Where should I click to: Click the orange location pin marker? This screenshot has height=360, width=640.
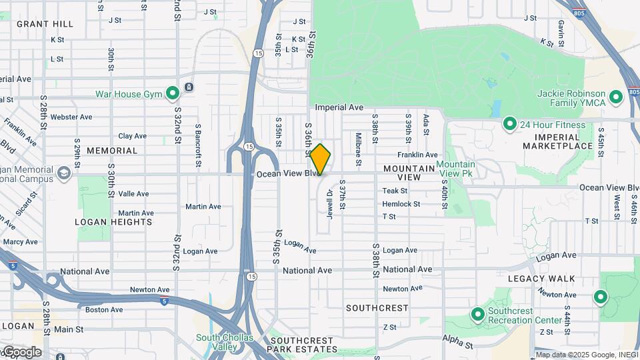pyautogui.click(x=321, y=159)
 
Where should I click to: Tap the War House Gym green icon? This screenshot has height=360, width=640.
pyautogui.click(x=172, y=93)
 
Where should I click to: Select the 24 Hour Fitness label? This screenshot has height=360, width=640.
pyautogui.click(x=553, y=125)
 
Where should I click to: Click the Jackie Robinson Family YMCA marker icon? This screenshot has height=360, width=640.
pyautogui.click(x=616, y=98)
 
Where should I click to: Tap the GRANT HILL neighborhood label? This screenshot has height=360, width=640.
pyautogui.click(x=45, y=24)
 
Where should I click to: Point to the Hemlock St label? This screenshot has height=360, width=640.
pyautogui.click(x=401, y=204)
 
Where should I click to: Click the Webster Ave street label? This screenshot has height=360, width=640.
pyautogui.click(x=71, y=117)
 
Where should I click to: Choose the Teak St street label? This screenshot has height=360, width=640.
pyautogui.click(x=395, y=191)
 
